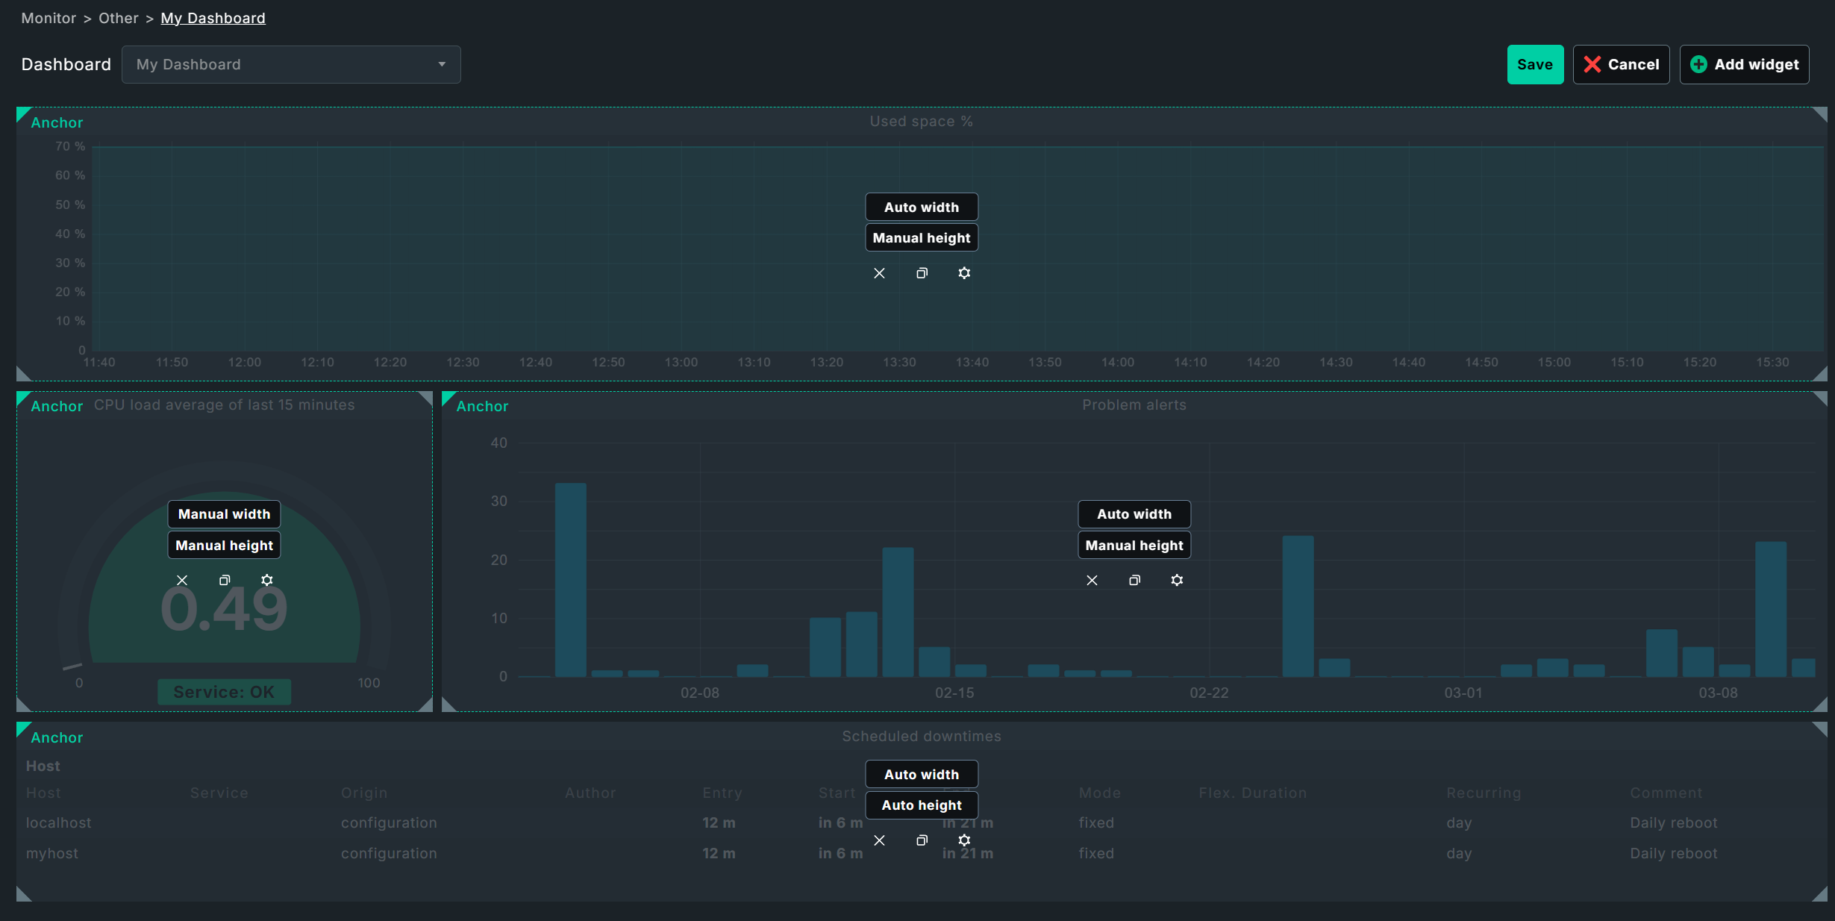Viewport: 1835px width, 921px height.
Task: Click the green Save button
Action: pos(1534,65)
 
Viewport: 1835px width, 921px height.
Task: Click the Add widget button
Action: pos(1744,65)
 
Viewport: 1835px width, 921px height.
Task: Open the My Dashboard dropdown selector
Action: pos(291,65)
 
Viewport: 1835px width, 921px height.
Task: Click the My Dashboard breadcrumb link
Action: pos(213,18)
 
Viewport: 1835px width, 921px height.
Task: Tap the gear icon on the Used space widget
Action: pos(964,273)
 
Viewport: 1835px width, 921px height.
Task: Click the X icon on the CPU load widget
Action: pos(182,580)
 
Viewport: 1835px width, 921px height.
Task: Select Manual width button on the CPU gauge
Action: pos(224,514)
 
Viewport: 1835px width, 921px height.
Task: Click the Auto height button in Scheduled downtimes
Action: pos(922,805)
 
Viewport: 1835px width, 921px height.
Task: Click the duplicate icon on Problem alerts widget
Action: pos(1134,580)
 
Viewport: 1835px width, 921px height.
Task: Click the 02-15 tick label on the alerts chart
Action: pos(954,693)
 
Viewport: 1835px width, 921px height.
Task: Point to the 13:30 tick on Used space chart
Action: pos(899,362)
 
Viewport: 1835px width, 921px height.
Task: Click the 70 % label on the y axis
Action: pos(70,146)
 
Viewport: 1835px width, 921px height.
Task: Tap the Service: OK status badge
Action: pos(224,692)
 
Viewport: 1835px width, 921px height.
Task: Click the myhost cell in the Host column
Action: pos(52,853)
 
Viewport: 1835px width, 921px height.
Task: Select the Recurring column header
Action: pos(1484,793)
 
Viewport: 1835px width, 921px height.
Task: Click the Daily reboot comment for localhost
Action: pos(1673,822)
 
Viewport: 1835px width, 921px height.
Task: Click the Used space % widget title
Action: pos(921,121)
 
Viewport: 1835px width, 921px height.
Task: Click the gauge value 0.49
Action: pos(224,610)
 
